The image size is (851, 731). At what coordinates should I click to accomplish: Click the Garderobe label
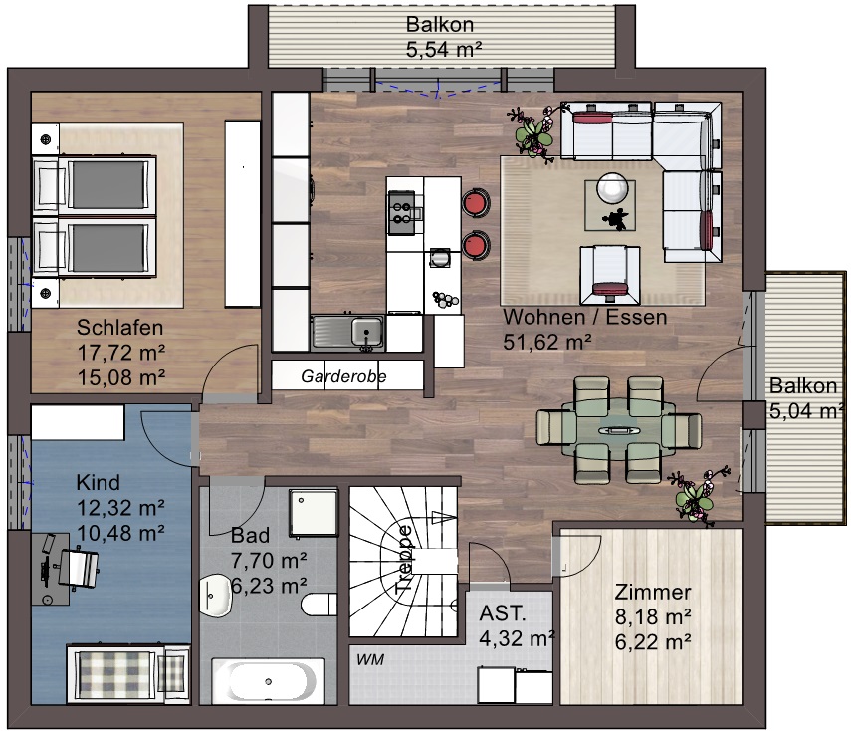(x=343, y=375)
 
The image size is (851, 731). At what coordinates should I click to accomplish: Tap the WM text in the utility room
(x=370, y=660)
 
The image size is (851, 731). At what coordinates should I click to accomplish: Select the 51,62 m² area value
(x=547, y=342)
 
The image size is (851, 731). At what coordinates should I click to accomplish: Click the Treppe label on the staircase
(x=404, y=559)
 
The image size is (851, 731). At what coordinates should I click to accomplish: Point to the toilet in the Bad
(x=319, y=605)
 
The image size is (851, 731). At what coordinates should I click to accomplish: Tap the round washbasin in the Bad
(x=215, y=596)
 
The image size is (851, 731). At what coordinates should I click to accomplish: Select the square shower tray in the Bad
(x=314, y=513)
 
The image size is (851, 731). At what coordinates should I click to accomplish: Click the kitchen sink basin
(x=366, y=332)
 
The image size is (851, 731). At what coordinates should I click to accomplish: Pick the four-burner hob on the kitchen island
(x=402, y=213)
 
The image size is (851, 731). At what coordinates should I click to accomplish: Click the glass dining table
(x=619, y=429)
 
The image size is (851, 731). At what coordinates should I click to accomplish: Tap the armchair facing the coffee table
(x=610, y=275)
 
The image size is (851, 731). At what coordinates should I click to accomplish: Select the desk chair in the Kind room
(x=80, y=569)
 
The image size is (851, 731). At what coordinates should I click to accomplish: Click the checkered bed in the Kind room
(x=128, y=674)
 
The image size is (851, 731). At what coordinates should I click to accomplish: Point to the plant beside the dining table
(x=698, y=495)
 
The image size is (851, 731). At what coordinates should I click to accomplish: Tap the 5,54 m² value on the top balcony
(x=443, y=50)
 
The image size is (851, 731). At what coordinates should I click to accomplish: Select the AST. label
(x=503, y=613)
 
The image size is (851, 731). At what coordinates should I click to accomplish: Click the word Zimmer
(x=652, y=592)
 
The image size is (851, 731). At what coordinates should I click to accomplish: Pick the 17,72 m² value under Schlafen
(x=121, y=353)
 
